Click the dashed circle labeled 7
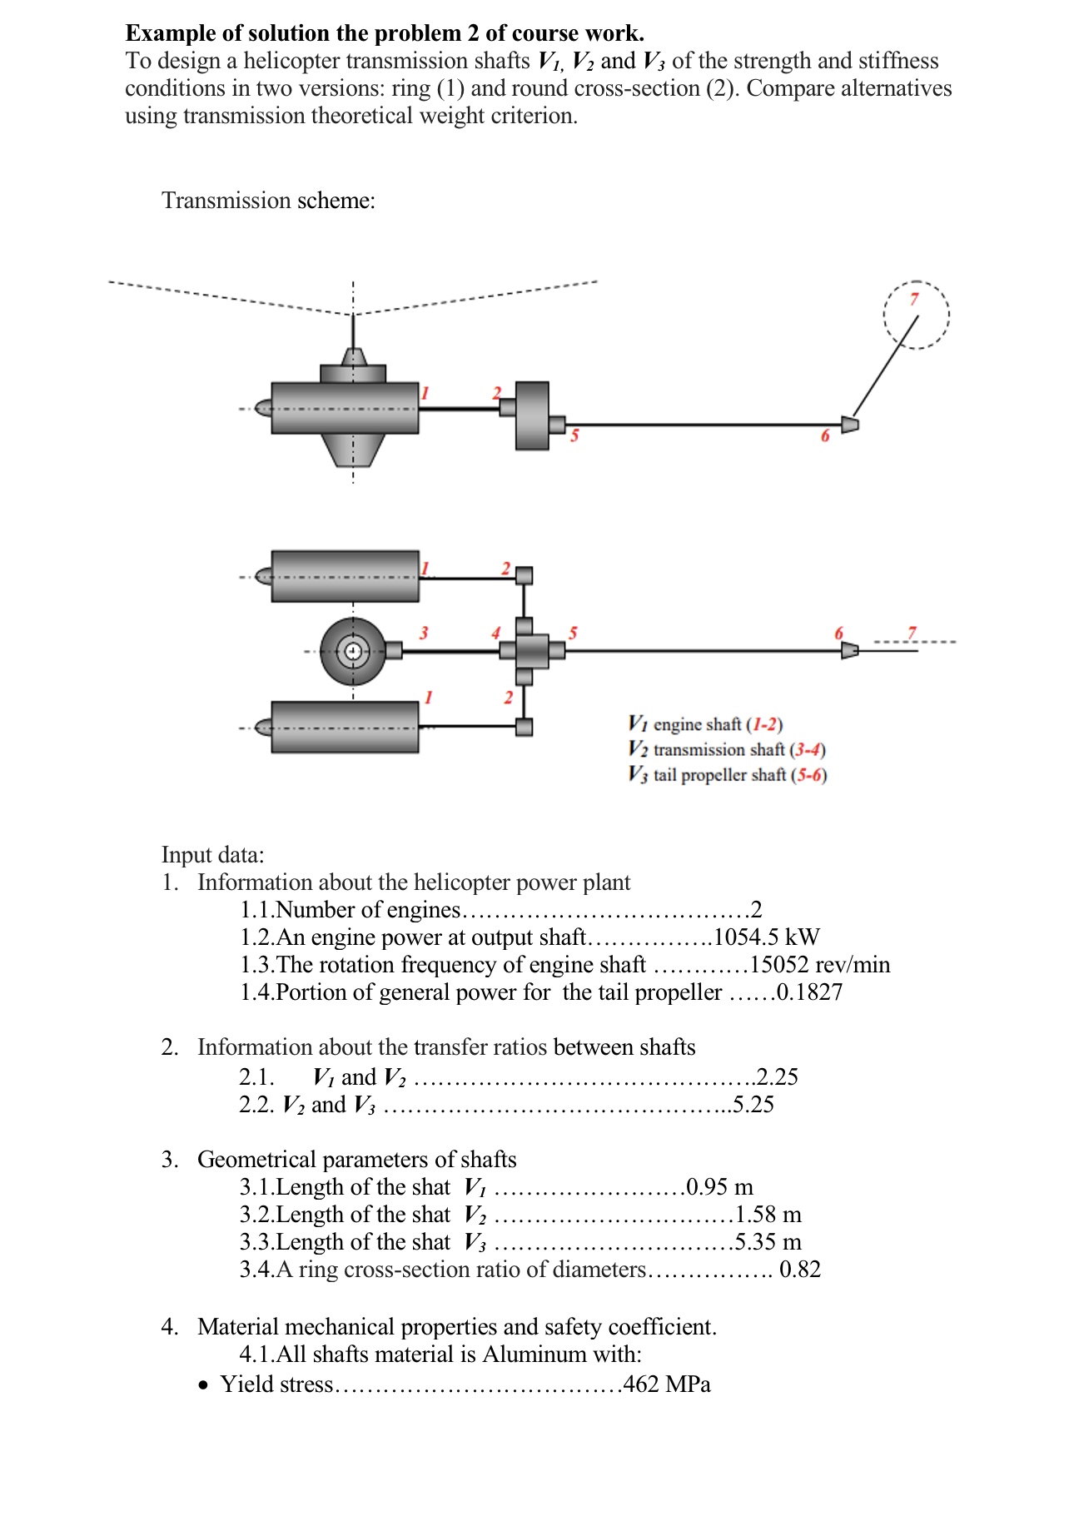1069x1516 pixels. coord(916,315)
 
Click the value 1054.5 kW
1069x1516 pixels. coord(767,937)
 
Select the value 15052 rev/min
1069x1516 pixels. coord(820,965)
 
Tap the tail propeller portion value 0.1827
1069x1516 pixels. coord(809,992)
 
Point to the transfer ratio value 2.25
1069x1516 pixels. coord(778,1077)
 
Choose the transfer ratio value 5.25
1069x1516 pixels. coord(753,1105)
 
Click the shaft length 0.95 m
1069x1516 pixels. coord(719,1187)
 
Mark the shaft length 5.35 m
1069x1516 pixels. coord(768,1242)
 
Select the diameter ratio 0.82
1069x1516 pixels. coord(800,1270)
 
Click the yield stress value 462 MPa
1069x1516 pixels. coord(667,1384)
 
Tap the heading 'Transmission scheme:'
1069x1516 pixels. coord(268,201)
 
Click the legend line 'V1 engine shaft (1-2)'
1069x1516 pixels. coord(705,724)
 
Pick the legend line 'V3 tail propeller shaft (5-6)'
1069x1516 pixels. coord(727,775)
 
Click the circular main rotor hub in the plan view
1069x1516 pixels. coord(353,651)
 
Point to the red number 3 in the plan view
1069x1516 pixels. coord(424,634)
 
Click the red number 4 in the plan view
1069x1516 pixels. coord(495,634)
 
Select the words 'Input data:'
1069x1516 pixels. coord(212,855)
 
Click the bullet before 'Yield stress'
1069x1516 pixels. coord(205,1386)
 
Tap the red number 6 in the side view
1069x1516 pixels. coord(825,436)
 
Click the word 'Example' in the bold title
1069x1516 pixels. coord(170,33)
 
